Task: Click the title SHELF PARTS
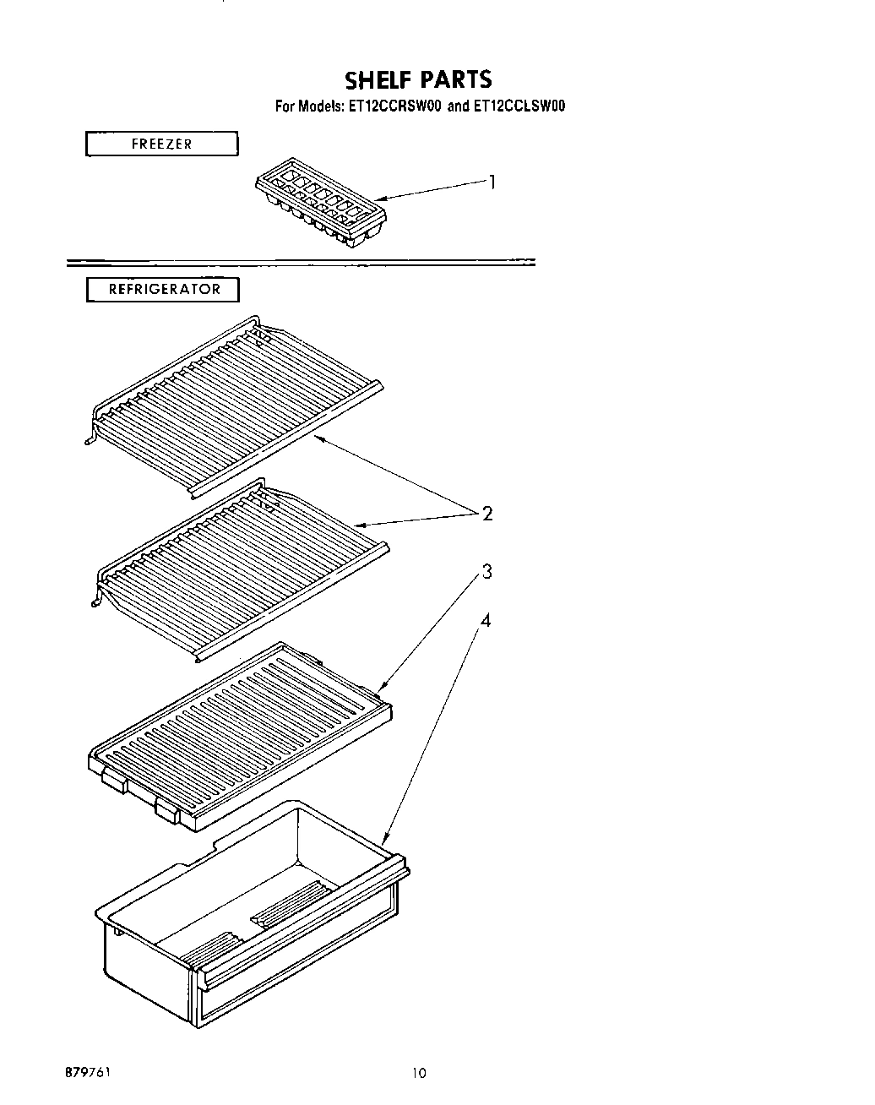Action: [x=418, y=79]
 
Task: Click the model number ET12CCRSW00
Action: [x=393, y=106]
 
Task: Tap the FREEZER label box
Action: [x=161, y=144]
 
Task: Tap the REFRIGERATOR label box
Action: [x=164, y=289]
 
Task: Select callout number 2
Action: [x=486, y=513]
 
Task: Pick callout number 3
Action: [x=486, y=572]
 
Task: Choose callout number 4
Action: [x=486, y=620]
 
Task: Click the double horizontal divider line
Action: [x=300, y=262]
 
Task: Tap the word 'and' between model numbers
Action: [x=456, y=106]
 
